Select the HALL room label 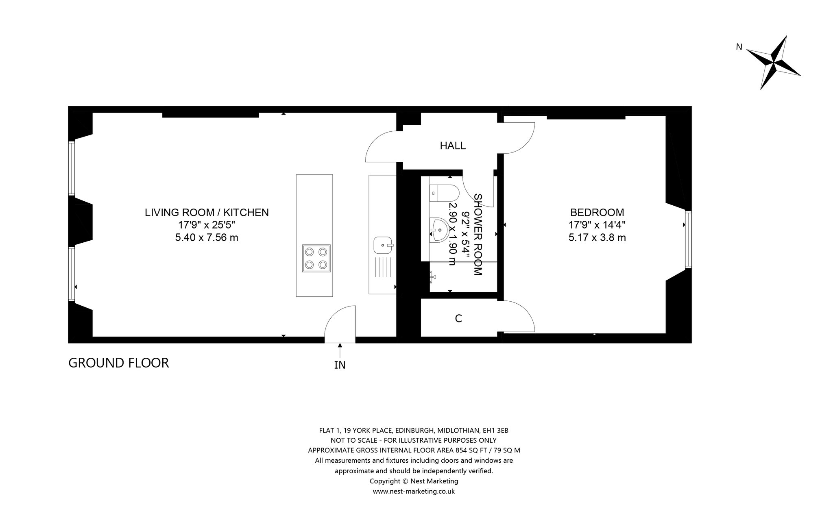click(x=453, y=146)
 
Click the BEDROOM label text click(x=597, y=212)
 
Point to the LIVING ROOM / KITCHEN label click(x=207, y=212)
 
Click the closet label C click(x=458, y=319)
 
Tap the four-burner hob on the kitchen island click(x=316, y=259)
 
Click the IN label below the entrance click(x=340, y=365)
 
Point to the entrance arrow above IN click(x=340, y=350)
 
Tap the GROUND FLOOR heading click(x=118, y=363)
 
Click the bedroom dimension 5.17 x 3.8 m click(x=597, y=237)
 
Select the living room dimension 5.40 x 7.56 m click(x=207, y=237)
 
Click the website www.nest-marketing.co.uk click(x=414, y=491)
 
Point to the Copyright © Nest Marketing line click(x=414, y=481)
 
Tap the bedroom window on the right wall click(x=688, y=239)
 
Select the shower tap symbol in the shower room click(x=433, y=277)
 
